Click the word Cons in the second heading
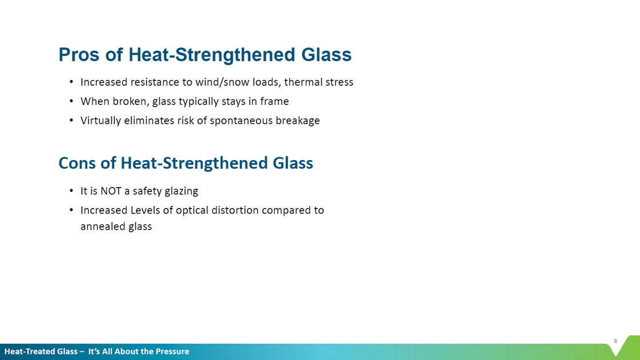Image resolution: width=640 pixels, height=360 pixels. point(77,163)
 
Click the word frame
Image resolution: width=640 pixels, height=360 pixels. point(274,101)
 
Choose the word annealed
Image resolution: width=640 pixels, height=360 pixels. point(103,226)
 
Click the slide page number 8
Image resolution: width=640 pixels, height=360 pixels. point(615,341)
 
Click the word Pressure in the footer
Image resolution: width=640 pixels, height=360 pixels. point(172,351)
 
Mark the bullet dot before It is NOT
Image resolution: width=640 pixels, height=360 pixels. point(71,191)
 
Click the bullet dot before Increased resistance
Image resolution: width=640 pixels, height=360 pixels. point(71,82)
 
